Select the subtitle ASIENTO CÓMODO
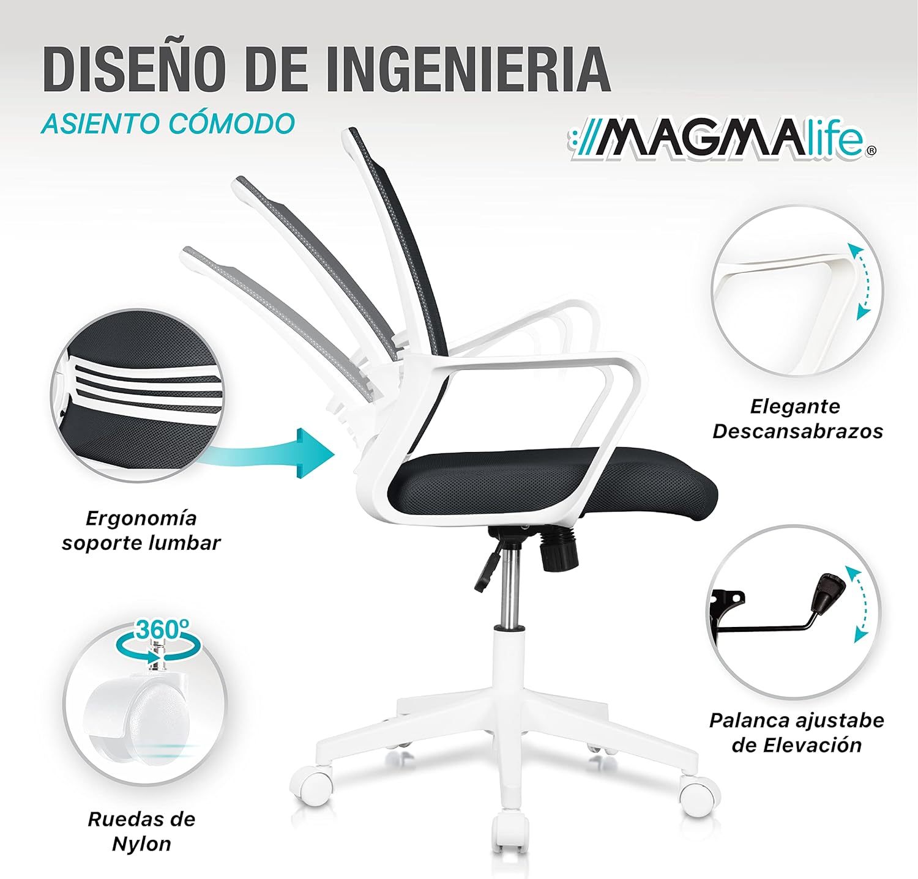(168, 123)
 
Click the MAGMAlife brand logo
(722, 145)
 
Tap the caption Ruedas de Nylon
(141, 831)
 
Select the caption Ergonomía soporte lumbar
(141, 530)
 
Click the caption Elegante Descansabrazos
(797, 418)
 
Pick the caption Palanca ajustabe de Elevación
(797, 732)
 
